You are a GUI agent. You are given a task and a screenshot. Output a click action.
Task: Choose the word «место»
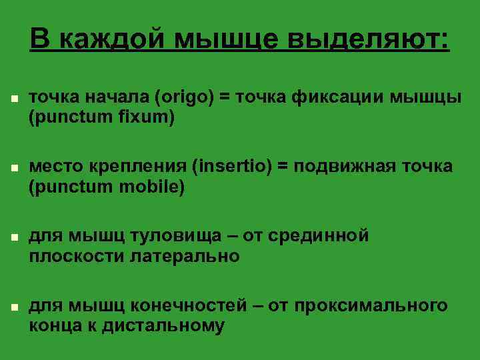point(55,166)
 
